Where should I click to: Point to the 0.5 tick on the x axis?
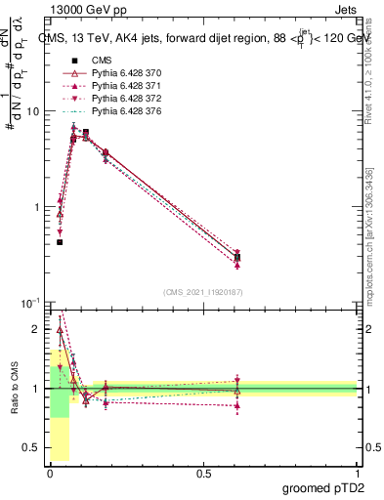(203, 473)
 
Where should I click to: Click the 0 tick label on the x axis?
(50, 473)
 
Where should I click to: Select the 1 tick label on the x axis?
(358, 473)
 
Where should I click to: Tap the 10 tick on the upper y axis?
(33, 111)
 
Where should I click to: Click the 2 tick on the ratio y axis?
(37, 329)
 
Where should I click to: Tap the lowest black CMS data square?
(60, 242)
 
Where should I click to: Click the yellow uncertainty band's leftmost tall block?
(60, 410)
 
